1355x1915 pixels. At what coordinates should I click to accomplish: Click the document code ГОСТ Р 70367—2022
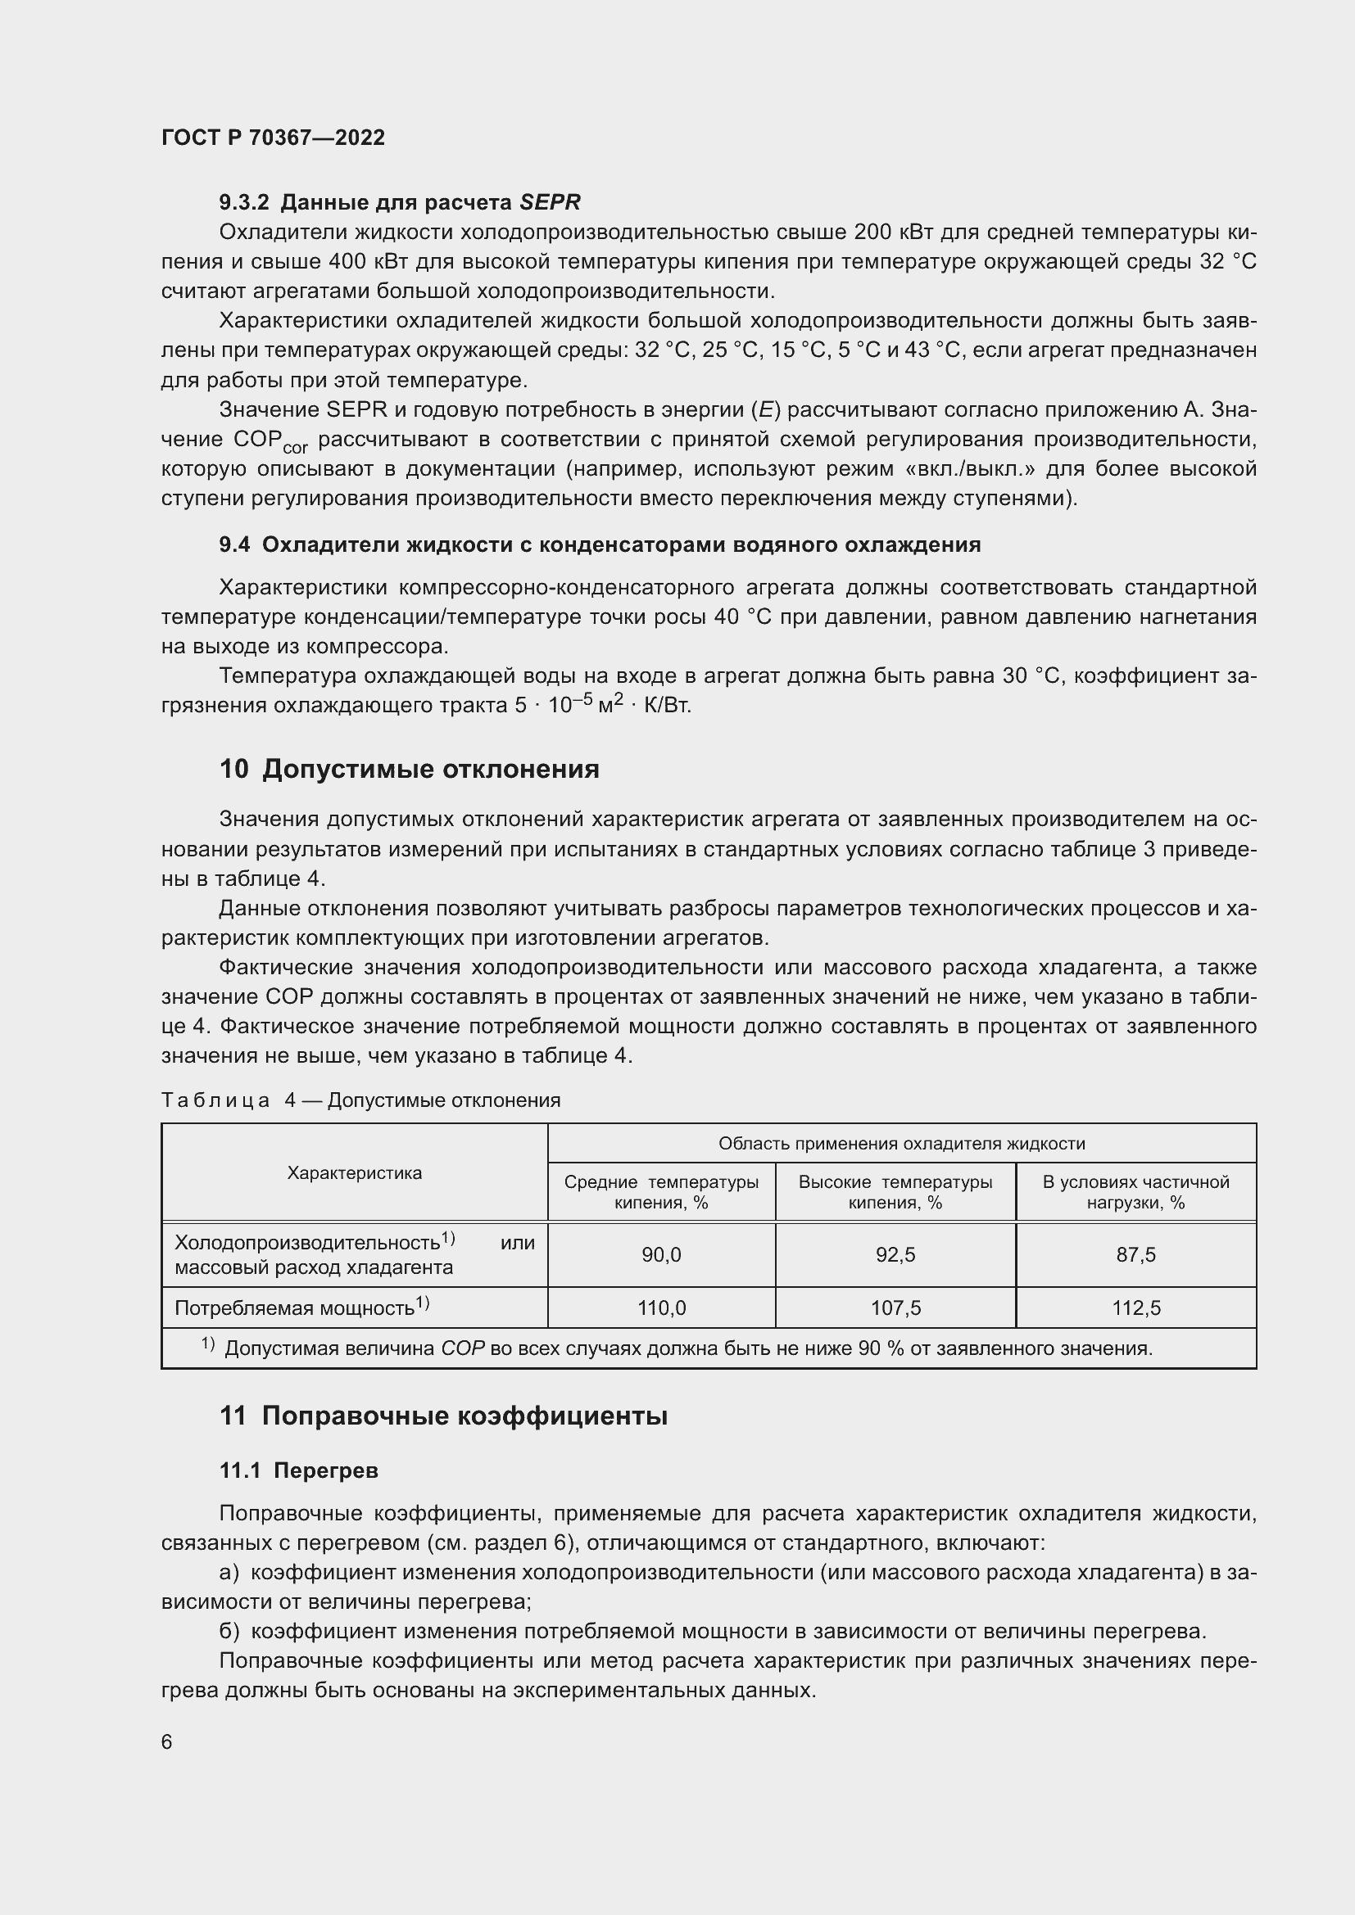[x=273, y=138]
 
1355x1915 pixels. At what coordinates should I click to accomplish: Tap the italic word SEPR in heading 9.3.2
[x=550, y=202]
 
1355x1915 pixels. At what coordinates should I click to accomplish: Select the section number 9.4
[x=234, y=544]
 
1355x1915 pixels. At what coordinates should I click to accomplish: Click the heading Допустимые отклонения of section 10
[x=431, y=768]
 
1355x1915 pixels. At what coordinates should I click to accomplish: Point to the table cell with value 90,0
[x=661, y=1254]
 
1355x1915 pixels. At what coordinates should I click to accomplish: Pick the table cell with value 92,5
[x=895, y=1254]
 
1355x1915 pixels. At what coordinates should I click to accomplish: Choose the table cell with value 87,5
[x=1135, y=1254]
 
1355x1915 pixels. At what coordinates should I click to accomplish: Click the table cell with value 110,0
[x=661, y=1308]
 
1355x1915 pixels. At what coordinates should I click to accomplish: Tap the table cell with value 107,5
[x=895, y=1308]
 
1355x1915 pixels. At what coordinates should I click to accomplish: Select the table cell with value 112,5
[x=1135, y=1308]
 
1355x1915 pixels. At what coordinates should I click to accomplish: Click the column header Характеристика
[x=354, y=1172]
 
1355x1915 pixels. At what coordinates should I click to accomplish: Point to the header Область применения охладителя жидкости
[x=901, y=1144]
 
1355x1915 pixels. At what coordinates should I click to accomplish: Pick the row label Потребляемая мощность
[x=295, y=1308]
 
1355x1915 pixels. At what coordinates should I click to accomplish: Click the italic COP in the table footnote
[x=462, y=1348]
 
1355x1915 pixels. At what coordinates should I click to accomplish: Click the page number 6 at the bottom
[x=167, y=1742]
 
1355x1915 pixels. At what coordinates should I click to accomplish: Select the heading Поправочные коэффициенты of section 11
[x=464, y=1416]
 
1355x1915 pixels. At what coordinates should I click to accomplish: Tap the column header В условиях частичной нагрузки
[x=1135, y=1192]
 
